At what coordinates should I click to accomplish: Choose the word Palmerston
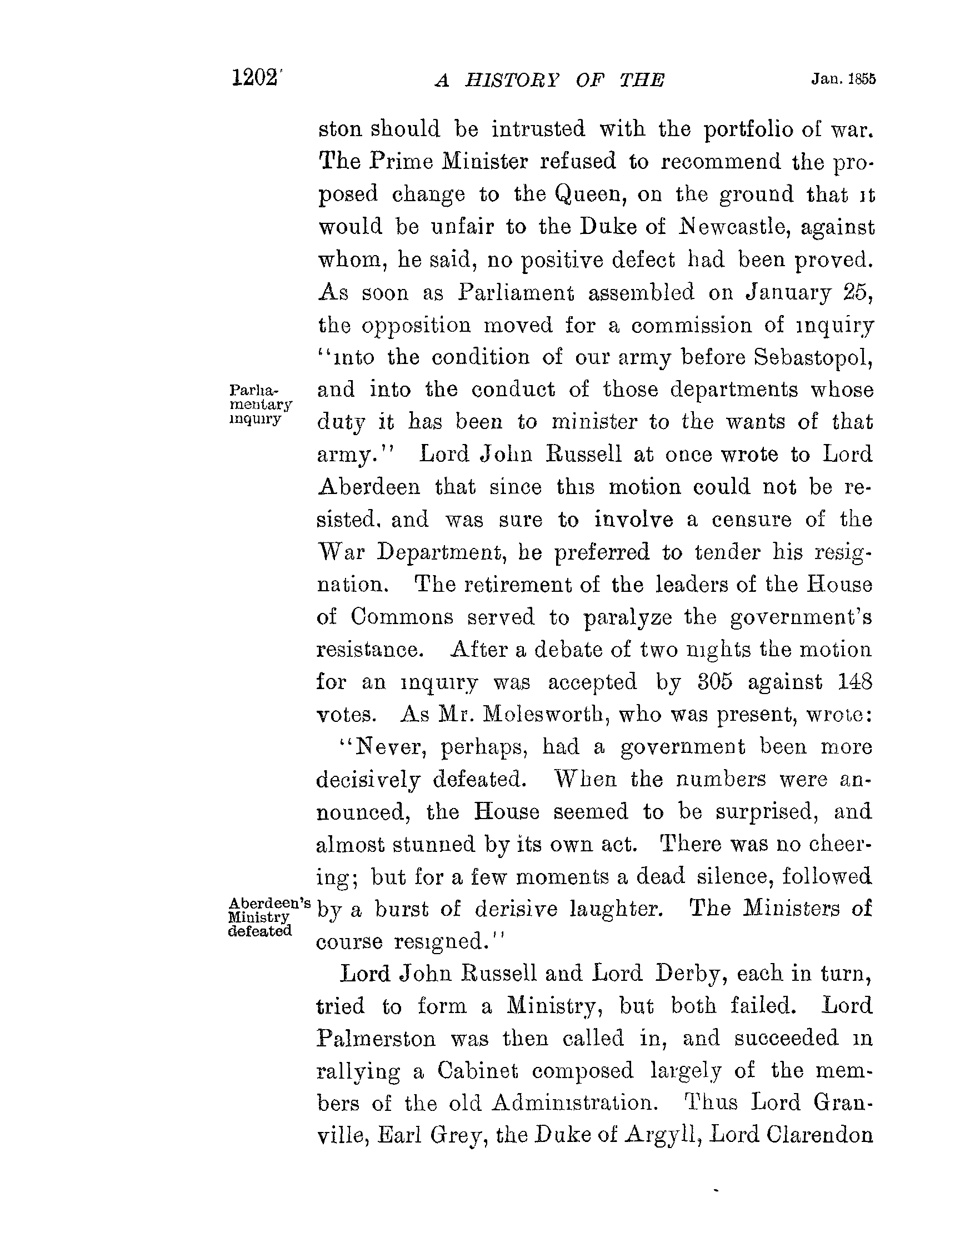coord(376,1039)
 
